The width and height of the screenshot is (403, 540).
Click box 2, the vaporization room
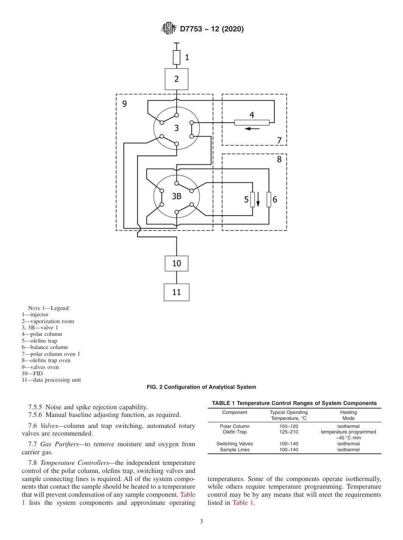[x=176, y=79]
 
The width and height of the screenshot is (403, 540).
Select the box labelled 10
[x=176, y=263]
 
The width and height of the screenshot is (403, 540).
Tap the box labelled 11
[x=176, y=292]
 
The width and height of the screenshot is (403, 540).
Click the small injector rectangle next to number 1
[x=176, y=57]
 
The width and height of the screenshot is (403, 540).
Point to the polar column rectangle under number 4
[x=252, y=123]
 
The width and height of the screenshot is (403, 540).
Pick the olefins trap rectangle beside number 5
[x=252, y=199]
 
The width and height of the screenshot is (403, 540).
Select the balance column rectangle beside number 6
[x=269, y=199]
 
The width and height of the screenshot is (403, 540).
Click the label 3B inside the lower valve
[x=176, y=196]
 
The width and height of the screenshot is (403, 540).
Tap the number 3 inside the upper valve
[x=176, y=128]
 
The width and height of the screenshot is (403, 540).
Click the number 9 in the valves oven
[x=124, y=103]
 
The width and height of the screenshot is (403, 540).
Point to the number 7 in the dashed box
[x=279, y=140]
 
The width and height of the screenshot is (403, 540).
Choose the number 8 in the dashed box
[x=279, y=160]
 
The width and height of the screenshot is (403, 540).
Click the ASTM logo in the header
[x=169, y=29]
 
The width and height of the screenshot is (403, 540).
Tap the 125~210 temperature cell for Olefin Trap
[x=288, y=432]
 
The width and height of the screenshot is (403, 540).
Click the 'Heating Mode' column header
[x=348, y=415]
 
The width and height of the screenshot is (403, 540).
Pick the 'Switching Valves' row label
[x=235, y=444]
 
